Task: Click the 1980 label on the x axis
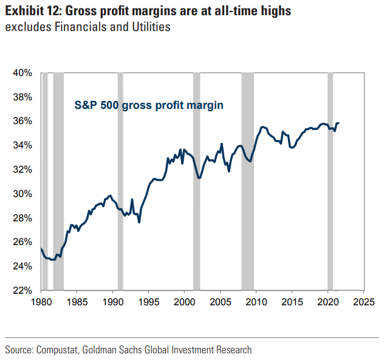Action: (x=41, y=301)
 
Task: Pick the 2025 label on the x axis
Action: (x=363, y=301)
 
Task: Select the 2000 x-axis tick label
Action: (x=184, y=301)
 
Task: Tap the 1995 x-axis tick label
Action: (x=148, y=301)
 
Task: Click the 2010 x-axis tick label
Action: (x=256, y=301)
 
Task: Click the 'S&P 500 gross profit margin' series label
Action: (x=149, y=105)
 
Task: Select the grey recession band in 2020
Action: (x=330, y=182)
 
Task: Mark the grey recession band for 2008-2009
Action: (x=247, y=182)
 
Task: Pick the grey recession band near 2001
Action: (x=196, y=182)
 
